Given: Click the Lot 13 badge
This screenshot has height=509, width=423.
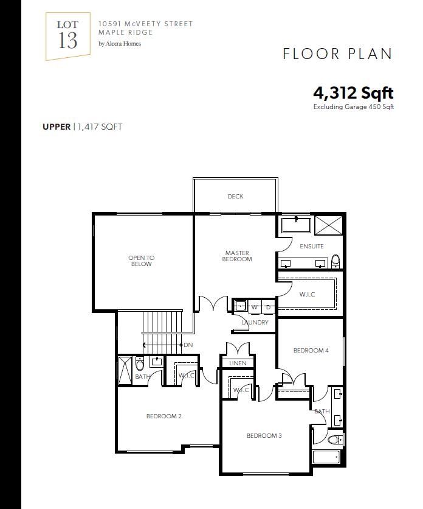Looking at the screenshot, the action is click(67, 36).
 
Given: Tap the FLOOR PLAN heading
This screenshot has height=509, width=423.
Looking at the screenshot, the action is click(337, 54).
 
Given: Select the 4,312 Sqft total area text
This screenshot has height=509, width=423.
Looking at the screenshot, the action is click(353, 93).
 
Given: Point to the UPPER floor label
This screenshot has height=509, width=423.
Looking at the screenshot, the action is click(57, 127).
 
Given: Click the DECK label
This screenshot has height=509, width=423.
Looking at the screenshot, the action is click(235, 197).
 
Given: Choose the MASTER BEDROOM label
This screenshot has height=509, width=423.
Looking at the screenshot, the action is click(237, 256).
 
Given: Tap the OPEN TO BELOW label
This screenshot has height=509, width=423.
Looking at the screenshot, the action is click(142, 261).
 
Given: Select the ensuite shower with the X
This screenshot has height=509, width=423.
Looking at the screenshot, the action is click(329, 225).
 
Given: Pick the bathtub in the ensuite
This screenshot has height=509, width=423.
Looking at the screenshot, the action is click(296, 225).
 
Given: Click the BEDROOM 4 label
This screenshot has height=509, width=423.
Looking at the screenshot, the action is click(311, 350).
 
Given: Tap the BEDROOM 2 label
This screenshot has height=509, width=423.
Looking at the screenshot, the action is click(163, 416).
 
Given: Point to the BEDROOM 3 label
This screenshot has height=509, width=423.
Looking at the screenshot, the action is click(264, 436).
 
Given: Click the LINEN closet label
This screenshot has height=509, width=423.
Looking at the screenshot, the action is click(238, 363).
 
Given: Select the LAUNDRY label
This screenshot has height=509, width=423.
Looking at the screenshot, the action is click(255, 322).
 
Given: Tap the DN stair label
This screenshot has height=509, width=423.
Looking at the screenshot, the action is click(188, 345).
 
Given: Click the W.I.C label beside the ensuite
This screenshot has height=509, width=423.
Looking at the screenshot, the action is click(307, 295).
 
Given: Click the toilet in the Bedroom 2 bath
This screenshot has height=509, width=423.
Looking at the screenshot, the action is click(140, 363).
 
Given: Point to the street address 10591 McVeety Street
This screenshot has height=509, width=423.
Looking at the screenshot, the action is click(145, 24).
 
